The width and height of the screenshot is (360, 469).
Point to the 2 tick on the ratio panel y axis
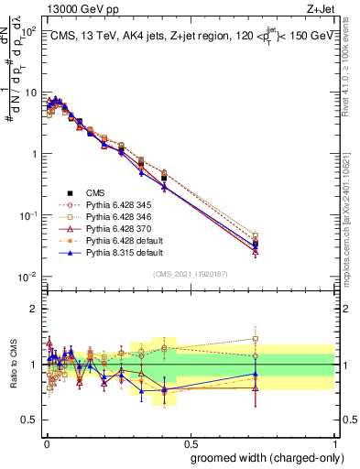pos(34,309)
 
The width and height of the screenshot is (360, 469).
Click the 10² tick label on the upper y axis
pos(27,32)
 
